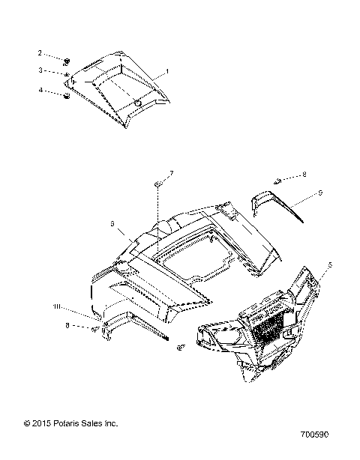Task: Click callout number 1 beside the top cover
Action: click(167, 70)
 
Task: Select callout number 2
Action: click(40, 54)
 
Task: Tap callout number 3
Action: click(40, 71)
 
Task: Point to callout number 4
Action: click(40, 91)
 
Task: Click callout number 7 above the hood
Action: click(171, 174)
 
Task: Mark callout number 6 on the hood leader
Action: click(112, 223)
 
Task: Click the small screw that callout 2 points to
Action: click(67, 60)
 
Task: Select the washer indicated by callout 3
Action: click(67, 76)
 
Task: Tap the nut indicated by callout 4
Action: click(67, 95)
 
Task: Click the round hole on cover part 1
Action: click(139, 101)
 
